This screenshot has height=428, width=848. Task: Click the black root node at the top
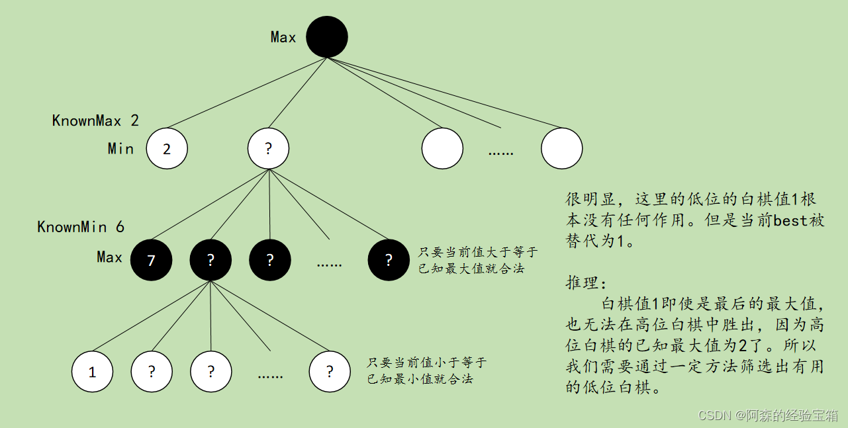[x=327, y=37]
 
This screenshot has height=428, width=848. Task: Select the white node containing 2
[x=167, y=148]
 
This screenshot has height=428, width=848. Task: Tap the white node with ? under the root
[x=268, y=148]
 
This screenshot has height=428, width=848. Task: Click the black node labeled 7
[x=152, y=260]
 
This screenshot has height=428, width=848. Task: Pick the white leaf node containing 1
[x=92, y=372]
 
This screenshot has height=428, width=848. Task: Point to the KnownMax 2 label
[x=95, y=120]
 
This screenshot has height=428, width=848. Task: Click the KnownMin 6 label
[x=81, y=227]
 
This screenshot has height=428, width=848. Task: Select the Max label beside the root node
[x=283, y=38]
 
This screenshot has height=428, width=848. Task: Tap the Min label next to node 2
[x=120, y=148]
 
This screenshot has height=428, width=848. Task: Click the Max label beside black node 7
[x=109, y=257]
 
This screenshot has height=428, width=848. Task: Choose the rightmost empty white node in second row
[x=561, y=148]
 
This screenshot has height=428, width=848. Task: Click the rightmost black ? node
[x=389, y=260]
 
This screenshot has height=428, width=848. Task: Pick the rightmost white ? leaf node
[x=330, y=372]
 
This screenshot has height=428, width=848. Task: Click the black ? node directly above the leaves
[x=211, y=260]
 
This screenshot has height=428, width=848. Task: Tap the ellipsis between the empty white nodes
[x=501, y=152]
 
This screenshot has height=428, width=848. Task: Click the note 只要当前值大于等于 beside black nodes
[x=478, y=253]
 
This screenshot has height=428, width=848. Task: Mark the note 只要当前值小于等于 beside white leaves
[x=426, y=363]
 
